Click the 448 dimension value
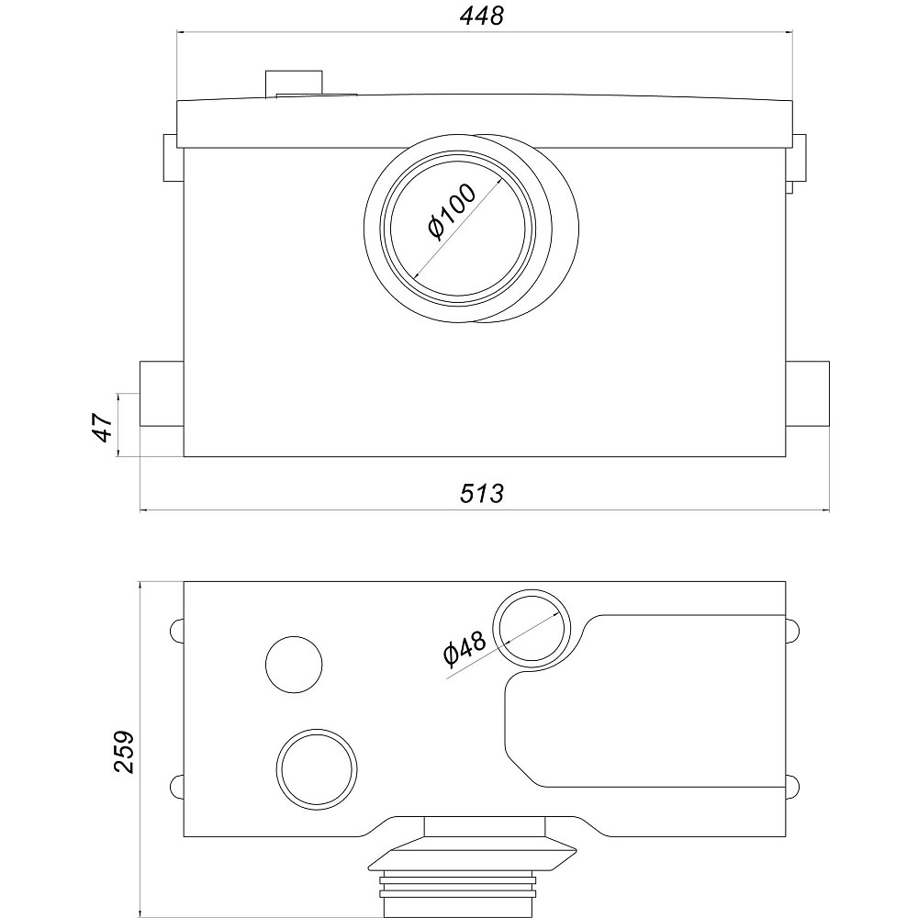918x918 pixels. [481, 16]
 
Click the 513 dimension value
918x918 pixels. [481, 494]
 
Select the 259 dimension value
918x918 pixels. [123, 752]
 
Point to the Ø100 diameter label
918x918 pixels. [452, 211]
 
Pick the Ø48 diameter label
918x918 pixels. [465, 648]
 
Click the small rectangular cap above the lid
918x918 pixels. [294, 83]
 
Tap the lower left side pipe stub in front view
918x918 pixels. [162, 394]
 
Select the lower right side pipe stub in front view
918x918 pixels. [807, 394]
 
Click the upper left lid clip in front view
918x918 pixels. [171, 158]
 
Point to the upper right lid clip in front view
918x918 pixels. [800, 158]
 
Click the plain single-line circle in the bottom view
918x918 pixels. [294, 665]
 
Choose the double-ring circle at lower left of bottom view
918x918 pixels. [317, 769]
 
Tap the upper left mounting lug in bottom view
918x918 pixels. [177, 631]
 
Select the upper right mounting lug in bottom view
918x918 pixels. [793, 631]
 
